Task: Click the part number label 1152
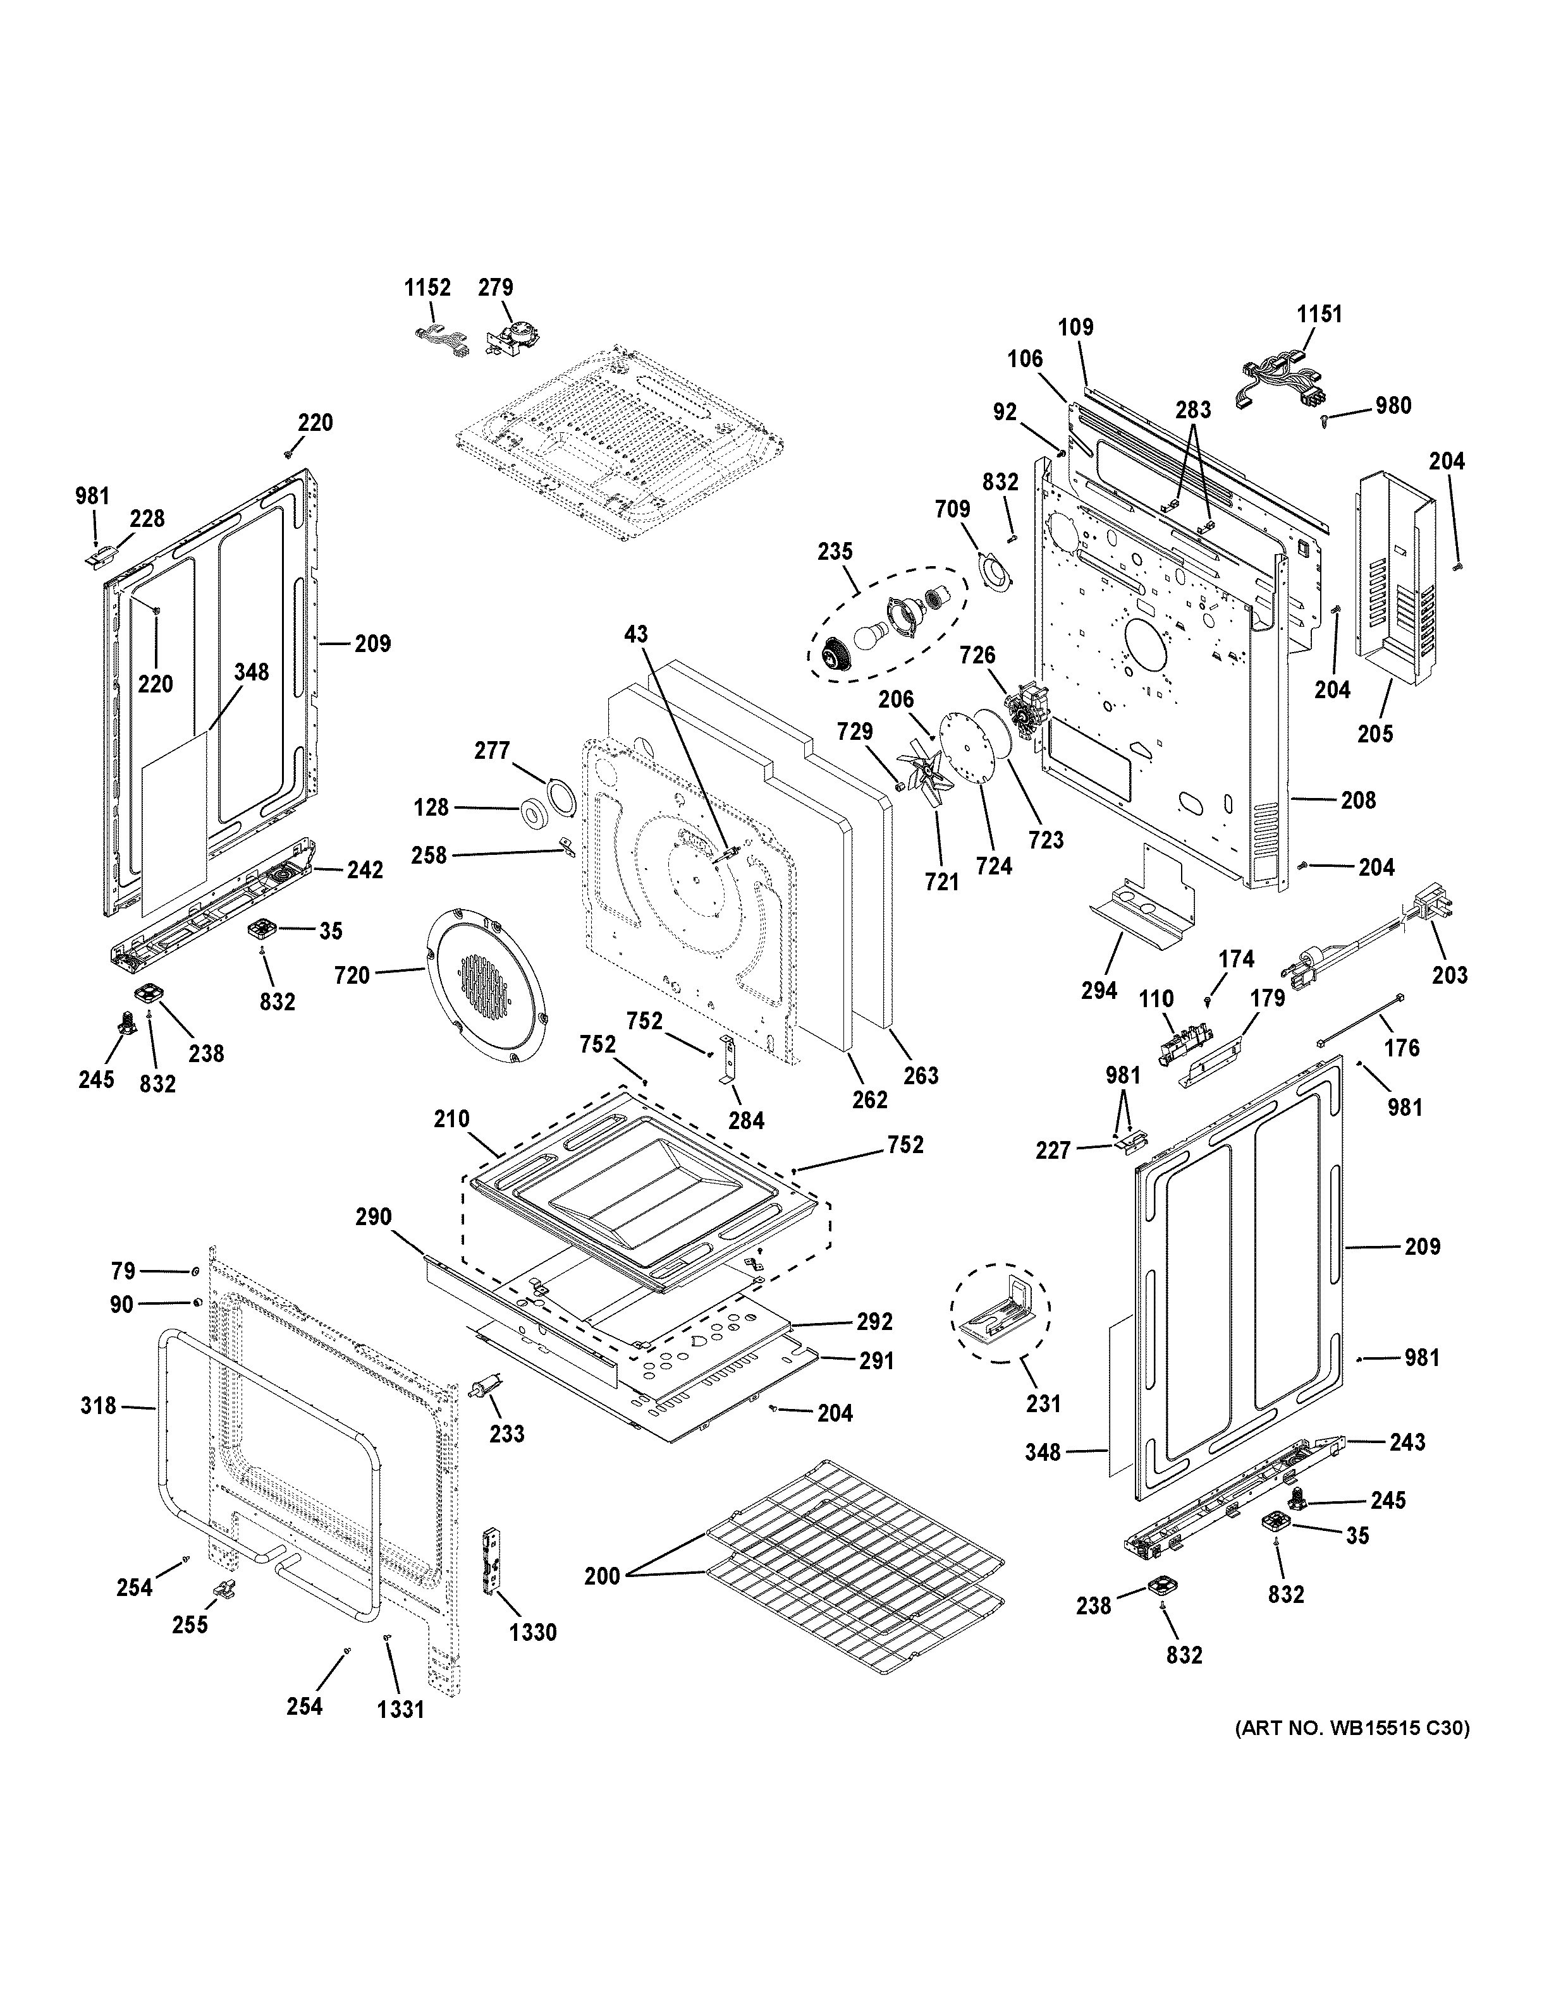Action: [427, 287]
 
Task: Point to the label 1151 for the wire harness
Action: [1319, 314]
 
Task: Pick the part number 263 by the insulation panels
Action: [921, 1075]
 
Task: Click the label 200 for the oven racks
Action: [602, 1576]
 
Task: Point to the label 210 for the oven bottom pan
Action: [452, 1119]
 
